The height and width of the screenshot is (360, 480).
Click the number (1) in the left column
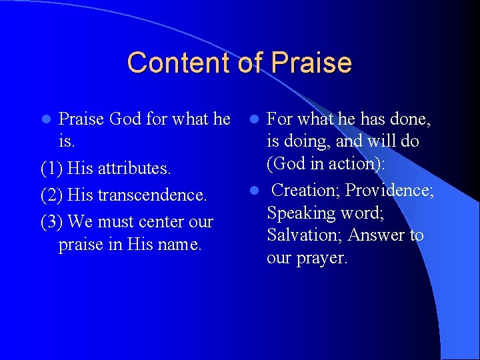click(x=52, y=168)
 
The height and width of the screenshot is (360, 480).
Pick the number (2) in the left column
click(x=52, y=195)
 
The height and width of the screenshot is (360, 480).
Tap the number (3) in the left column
click(x=52, y=221)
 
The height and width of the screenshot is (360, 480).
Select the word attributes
click(x=134, y=168)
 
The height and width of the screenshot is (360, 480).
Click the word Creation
click(x=306, y=191)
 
